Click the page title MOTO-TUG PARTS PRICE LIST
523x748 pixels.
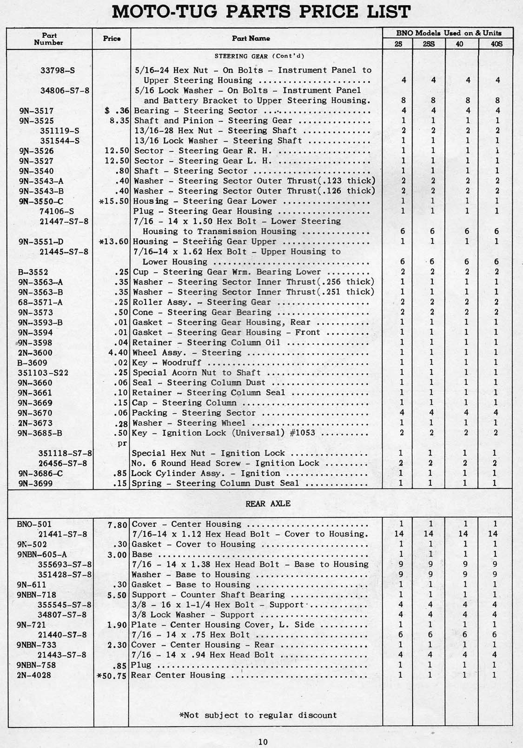(x=261, y=12)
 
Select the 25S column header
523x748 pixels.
(x=429, y=44)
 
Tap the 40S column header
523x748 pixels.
(x=496, y=44)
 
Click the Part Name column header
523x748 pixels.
(x=251, y=39)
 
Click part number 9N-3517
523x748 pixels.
(x=36, y=111)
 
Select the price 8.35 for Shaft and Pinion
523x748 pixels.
(x=117, y=121)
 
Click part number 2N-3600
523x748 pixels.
(x=35, y=353)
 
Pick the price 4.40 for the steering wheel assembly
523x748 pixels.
(x=117, y=353)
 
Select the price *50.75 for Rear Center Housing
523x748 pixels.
(x=112, y=676)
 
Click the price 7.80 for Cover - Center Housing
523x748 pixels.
(x=117, y=525)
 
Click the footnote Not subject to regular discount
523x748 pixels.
(x=258, y=715)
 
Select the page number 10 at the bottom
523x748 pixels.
(x=263, y=741)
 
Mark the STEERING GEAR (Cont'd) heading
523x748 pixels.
(x=259, y=56)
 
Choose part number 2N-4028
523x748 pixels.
(x=34, y=676)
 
